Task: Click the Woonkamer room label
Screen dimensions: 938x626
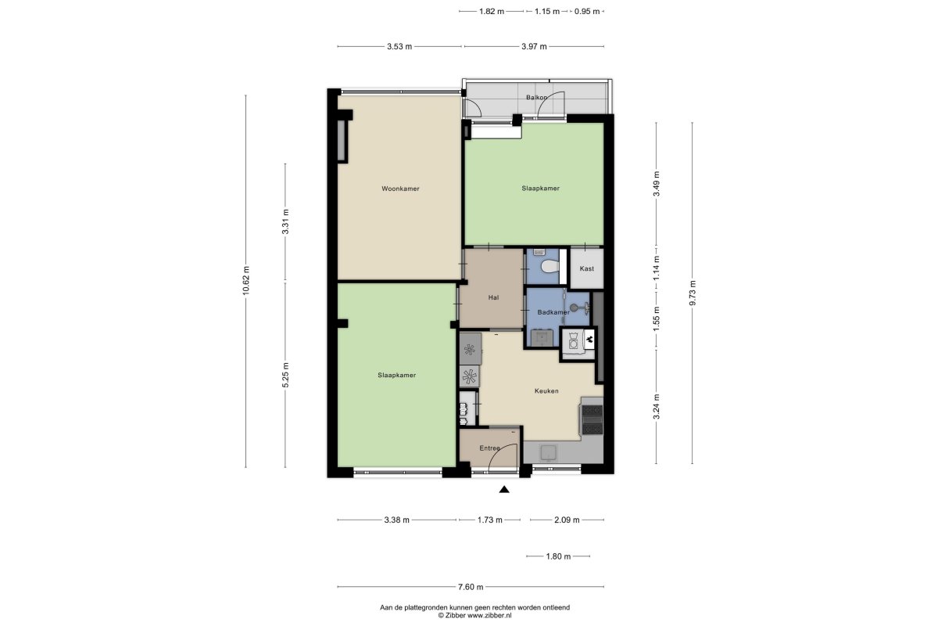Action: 400,189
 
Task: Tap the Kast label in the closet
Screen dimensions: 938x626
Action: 587,268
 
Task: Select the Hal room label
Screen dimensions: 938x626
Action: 493,297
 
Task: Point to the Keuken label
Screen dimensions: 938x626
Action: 546,390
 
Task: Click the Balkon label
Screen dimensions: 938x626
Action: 536,97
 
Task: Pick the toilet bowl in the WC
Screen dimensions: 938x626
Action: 550,266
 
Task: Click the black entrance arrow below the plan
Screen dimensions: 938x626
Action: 504,489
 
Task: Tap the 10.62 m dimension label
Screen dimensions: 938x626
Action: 245,280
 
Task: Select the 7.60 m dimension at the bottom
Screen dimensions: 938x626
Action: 471,587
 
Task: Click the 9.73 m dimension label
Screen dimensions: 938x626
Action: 693,293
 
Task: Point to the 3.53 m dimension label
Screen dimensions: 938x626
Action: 399,46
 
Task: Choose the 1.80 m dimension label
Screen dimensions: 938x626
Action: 558,556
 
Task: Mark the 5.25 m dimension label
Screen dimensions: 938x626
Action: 285,375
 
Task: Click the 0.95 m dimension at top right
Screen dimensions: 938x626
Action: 587,11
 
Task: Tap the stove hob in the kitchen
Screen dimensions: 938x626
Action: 593,419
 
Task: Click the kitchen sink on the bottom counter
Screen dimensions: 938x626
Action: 548,453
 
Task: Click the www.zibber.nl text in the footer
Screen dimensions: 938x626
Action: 489,616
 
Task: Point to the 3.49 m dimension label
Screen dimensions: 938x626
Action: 656,184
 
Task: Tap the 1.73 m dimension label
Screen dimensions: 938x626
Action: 490,520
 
